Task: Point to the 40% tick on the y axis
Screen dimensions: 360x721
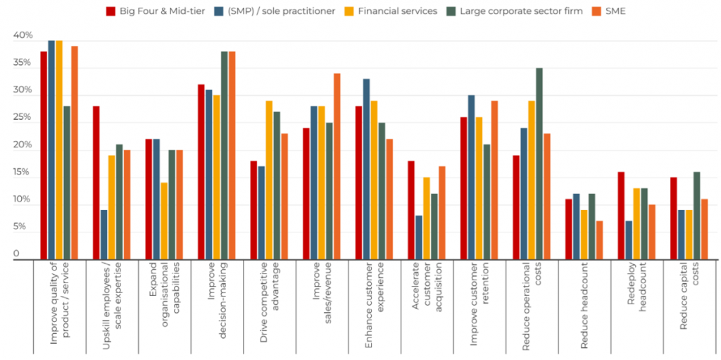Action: click(x=23, y=36)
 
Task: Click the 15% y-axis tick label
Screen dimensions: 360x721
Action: click(x=23, y=173)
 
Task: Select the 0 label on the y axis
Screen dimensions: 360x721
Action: click(x=16, y=254)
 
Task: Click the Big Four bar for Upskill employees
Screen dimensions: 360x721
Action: click(x=96, y=183)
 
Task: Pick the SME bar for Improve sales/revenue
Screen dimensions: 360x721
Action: click(x=337, y=167)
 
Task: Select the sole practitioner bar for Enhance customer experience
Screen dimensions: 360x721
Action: click(x=366, y=170)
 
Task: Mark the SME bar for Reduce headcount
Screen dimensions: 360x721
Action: click(x=599, y=241)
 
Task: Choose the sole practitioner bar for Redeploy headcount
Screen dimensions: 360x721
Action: click(x=629, y=241)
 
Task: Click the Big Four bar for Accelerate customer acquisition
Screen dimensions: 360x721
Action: click(x=411, y=211)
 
